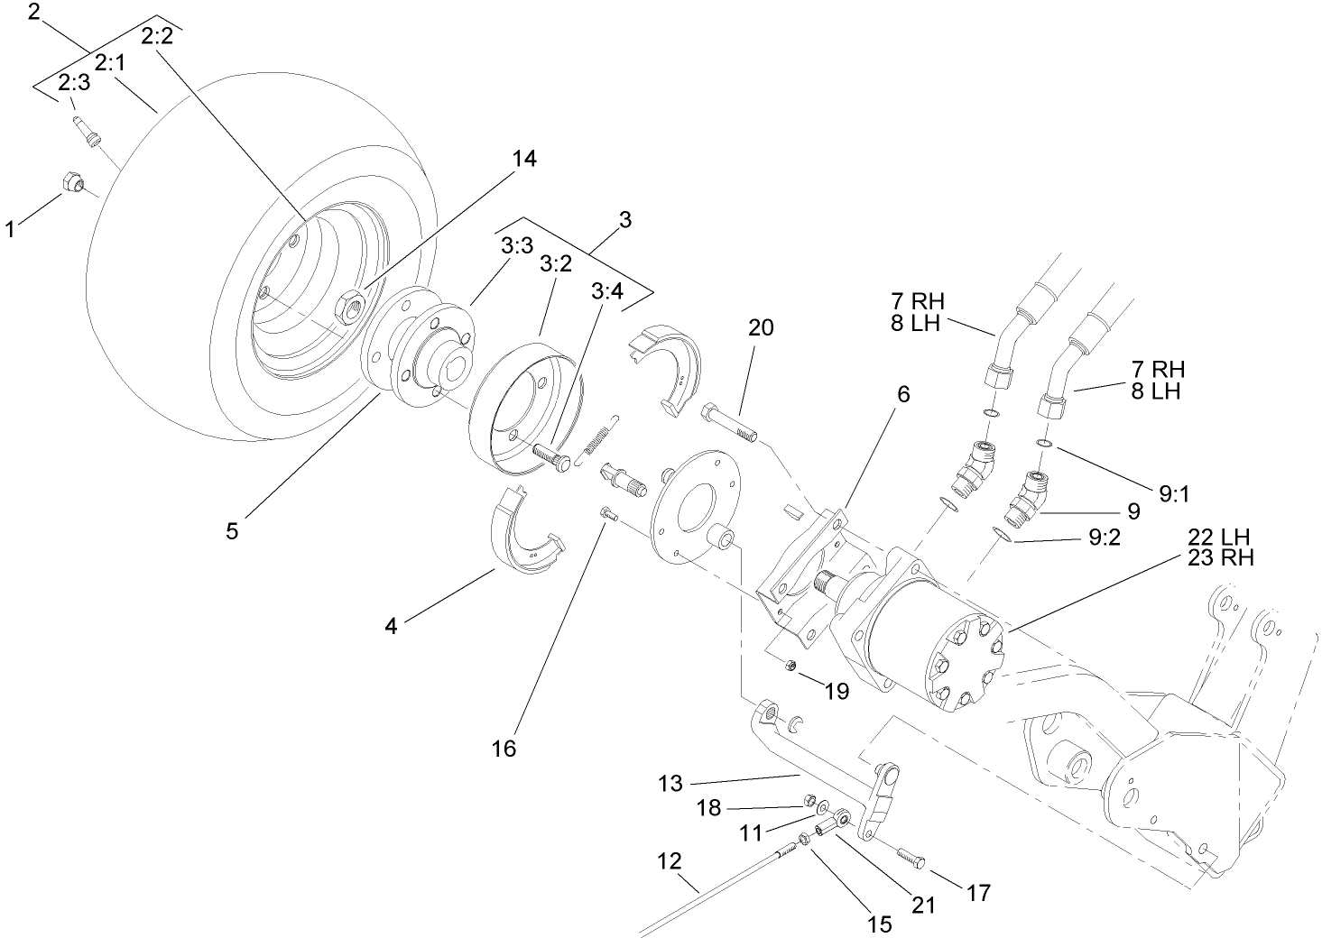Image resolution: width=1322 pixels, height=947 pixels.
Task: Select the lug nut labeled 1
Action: [x=71, y=183]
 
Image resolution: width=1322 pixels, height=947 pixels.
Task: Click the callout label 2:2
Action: [x=162, y=36]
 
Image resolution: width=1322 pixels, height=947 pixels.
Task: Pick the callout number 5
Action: [x=232, y=531]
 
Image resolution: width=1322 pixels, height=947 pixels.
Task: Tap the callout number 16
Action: [x=504, y=749]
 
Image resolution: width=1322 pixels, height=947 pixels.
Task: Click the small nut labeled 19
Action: [x=790, y=666]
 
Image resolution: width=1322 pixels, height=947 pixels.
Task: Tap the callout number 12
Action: [x=670, y=860]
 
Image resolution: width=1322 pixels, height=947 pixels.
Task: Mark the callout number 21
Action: [x=923, y=904]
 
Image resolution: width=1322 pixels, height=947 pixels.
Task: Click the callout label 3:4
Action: [x=606, y=291]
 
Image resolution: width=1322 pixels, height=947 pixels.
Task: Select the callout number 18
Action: [x=709, y=807]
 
